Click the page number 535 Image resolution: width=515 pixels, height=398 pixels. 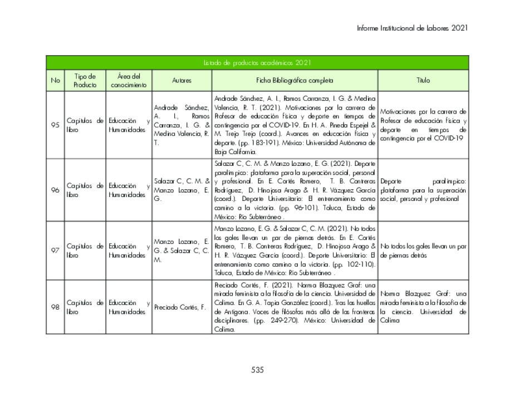(x=257, y=370)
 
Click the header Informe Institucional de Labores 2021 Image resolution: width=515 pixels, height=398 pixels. (x=412, y=28)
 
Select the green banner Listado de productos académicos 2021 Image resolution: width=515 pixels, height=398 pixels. (x=257, y=63)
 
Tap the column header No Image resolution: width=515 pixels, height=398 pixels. (x=55, y=81)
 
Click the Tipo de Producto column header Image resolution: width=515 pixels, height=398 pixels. (x=85, y=81)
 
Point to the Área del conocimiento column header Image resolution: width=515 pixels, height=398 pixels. (x=129, y=81)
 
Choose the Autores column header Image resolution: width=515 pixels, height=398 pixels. (x=182, y=81)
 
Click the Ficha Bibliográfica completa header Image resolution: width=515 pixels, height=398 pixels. (x=295, y=81)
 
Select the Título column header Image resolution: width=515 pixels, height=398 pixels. (x=423, y=81)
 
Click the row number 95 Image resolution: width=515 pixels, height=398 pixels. (x=55, y=125)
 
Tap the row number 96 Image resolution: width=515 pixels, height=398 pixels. (x=55, y=190)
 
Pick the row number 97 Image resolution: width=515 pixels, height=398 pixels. (x=55, y=250)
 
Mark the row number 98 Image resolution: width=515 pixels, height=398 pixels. (x=55, y=307)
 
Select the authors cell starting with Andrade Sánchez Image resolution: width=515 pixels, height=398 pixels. (x=182, y=125)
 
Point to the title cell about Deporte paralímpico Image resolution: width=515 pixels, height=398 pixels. (x=423, y=190)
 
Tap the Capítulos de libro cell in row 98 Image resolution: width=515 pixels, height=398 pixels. (x=85, y=307)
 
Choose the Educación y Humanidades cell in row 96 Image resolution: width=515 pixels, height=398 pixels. (x=129, y=190)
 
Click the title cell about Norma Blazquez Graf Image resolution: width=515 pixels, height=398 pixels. (x=423, y=307)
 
